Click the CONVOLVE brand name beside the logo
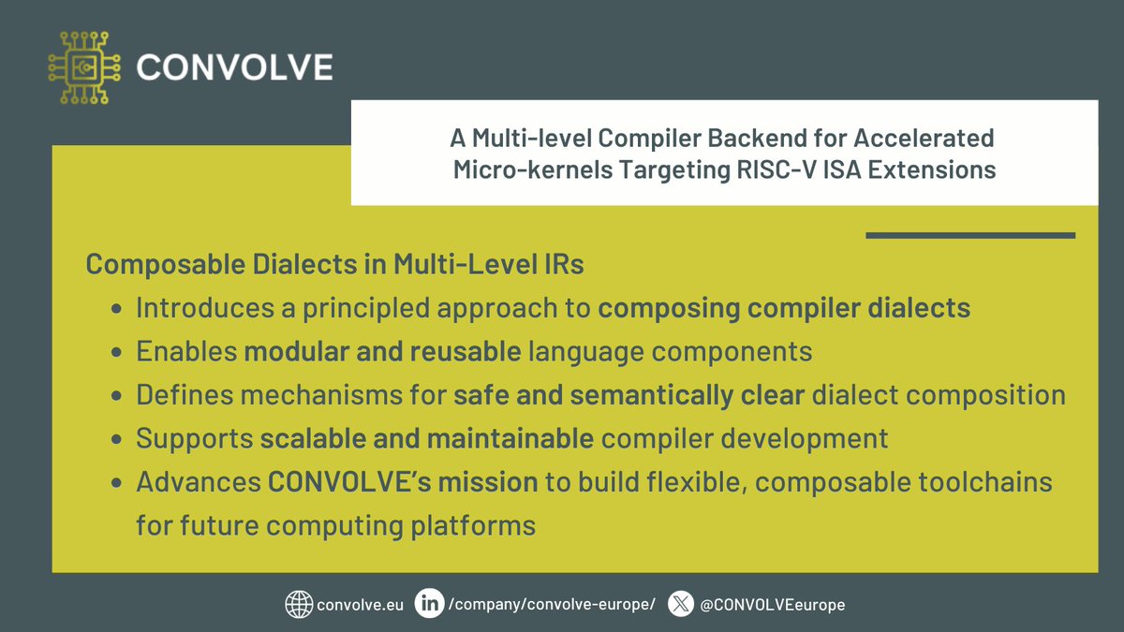tap(234, 67)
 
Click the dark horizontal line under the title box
tap(969, 236)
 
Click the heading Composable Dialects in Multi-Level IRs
tap(334, 265)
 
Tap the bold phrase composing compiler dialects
tap(784, 308)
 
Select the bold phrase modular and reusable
tap(382, 351)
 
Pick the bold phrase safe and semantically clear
tap(629, 394)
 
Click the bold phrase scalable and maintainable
tap(426, 437)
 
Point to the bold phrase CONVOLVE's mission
tap(403, 482)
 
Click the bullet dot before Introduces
tap(116, 309)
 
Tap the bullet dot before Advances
tap(116, 483)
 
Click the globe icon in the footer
tap(299, 605)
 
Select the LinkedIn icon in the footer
tap(431, 605)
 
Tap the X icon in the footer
tap(681, 605)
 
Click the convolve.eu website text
tap(361, 605)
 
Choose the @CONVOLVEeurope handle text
tap(772, 605)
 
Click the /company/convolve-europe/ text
tap(553, 605)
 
